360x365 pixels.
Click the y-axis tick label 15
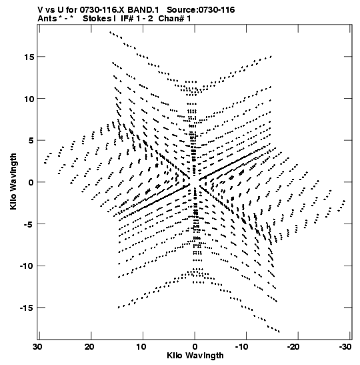[29, 57]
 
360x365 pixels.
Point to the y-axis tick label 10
[29, 99]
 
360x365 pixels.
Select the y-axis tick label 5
[31, 141]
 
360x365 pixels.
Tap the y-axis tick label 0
[31, 182]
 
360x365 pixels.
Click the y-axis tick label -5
[29, 224]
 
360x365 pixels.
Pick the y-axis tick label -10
[27, 266]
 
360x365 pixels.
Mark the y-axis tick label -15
[27, 308]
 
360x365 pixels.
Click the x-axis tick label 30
[37, 347]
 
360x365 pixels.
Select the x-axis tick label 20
[89, 347]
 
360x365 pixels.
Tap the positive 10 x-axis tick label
[141, 347]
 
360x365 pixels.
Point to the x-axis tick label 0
[195, 347]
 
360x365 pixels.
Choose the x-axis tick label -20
[293, 347]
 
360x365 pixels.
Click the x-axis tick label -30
[345, 347]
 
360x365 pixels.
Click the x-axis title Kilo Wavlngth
[195, 356]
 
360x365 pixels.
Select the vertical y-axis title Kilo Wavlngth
[13, 181]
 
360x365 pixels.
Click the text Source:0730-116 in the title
[201, 10]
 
